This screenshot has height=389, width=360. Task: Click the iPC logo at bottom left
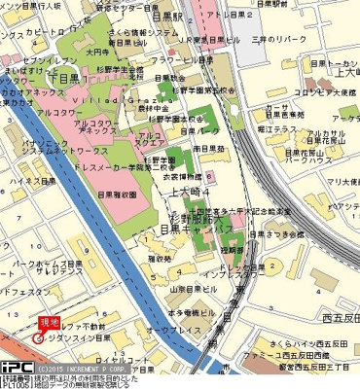(17, 371)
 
